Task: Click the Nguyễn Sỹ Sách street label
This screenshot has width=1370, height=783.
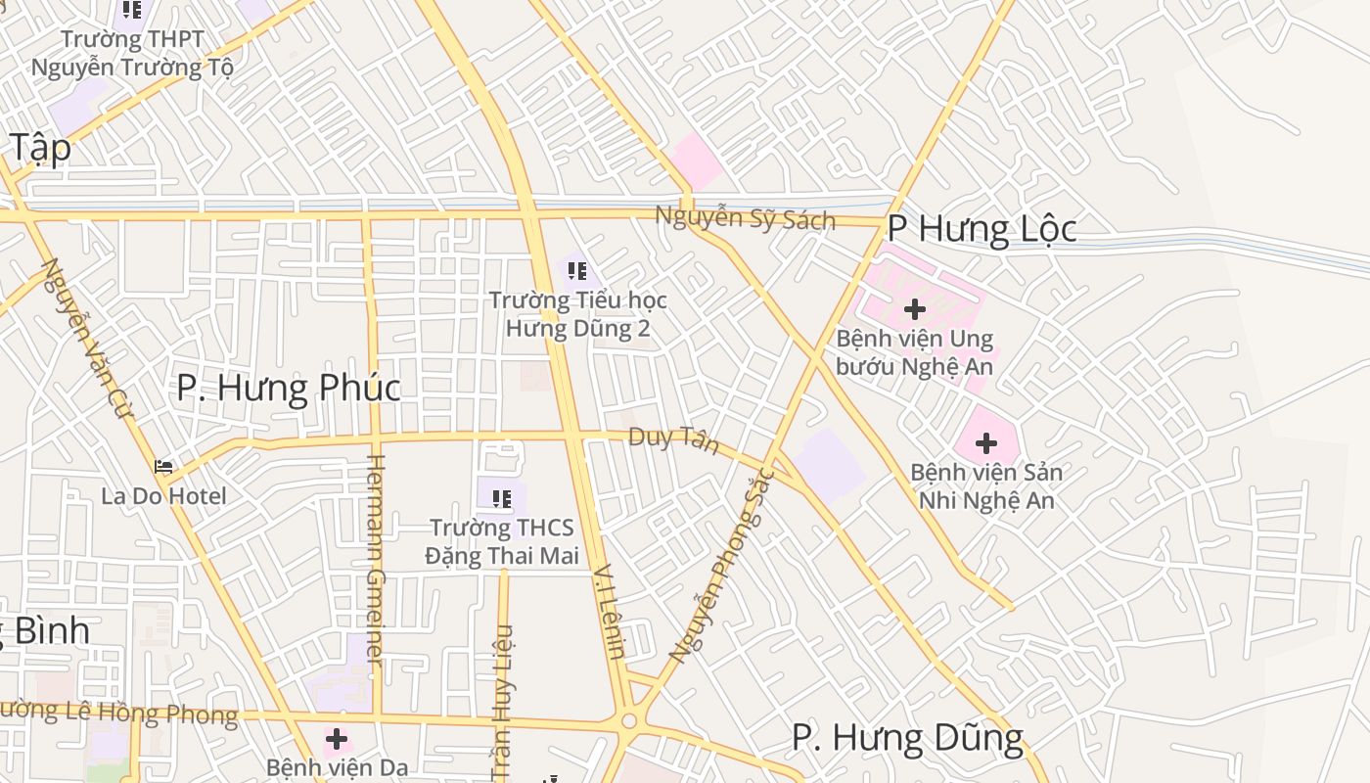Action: [x=745, y=217]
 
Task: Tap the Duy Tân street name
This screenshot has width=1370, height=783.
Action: [x=673, y=440]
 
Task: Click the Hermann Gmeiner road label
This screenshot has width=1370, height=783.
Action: [x=374, y=560]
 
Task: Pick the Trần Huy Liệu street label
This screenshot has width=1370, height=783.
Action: [x=502, y=703]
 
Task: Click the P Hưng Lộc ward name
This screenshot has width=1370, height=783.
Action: [x=982, y=229]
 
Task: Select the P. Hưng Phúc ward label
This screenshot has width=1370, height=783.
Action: [x=289, y=388]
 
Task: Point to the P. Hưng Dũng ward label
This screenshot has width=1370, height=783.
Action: [x=907, y=737]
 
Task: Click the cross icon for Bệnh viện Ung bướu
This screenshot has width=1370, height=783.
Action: [x=915, y=309]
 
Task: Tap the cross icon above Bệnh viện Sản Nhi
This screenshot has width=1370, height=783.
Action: [x=986, y=443]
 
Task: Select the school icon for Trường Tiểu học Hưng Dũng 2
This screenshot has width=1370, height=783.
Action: [x=576, y=270]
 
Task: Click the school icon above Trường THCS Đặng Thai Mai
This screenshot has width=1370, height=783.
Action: [x=502, y=499]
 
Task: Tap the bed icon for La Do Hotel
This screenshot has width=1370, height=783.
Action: [x=163, y=467]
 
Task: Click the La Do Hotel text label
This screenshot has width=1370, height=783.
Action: [x=163, y=496]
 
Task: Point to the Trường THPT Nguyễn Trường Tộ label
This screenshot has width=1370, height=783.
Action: [x=132, y=54]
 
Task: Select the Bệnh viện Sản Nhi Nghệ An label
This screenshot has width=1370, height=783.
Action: [x=986, y=486]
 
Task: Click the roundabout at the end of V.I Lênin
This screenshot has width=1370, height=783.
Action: [x=628, y=722]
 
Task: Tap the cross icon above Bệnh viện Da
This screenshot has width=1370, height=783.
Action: [x=337, y=739]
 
